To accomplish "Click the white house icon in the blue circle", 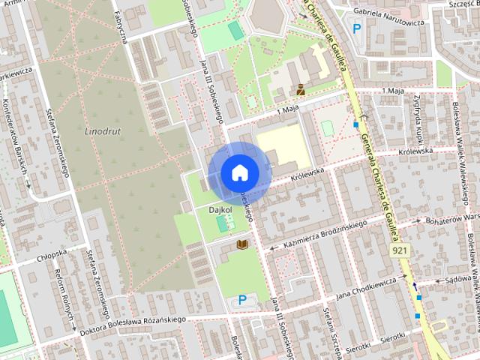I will coord(239,172).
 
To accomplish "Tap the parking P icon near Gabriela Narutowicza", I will coord(356,28).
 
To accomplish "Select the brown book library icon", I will coord(241,244).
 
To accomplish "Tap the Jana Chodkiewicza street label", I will coord(366,286).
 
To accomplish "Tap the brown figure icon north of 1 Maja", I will coord(300,89).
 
